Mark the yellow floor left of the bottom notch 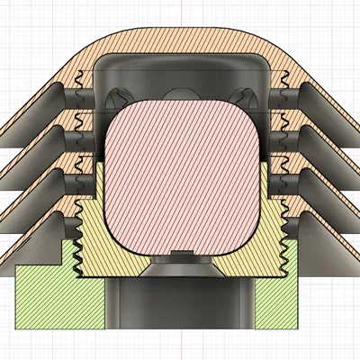pos(135,261)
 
